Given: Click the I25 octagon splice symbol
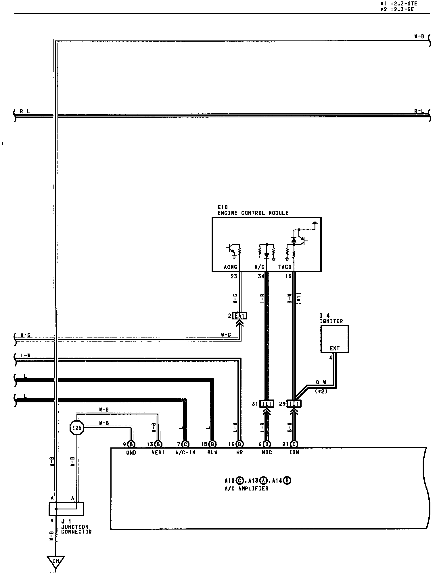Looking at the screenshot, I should pos(77,428).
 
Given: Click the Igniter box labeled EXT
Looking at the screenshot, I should pos(334,339).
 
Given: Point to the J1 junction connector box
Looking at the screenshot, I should pos(66,509).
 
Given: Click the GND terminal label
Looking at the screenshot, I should pos(131,453).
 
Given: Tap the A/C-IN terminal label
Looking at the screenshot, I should pos(185,453).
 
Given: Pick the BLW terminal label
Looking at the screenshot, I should pos(212,453).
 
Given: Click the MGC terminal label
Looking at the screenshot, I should pos(267,453).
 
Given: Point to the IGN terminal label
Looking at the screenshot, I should pos(294,453).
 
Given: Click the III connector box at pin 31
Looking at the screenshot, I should pos(267,404).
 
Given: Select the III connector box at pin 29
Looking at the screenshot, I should pos(294,404).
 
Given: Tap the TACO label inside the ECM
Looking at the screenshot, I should pos(285,267).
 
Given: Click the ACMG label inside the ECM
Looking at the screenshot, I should pos(231,267).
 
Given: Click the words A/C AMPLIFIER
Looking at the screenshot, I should pos(246,488).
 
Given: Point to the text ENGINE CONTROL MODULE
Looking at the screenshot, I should pos(253,213).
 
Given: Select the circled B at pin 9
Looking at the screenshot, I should pos(131,444).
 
